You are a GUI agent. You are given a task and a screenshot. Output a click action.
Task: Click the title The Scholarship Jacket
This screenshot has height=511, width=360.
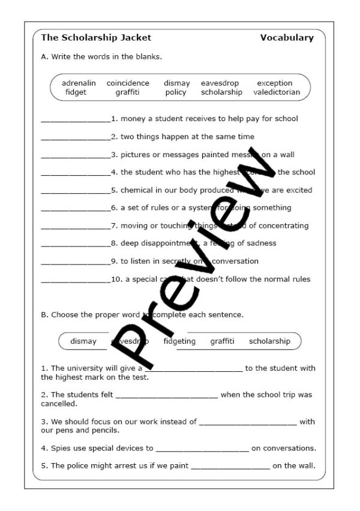click(96, 38)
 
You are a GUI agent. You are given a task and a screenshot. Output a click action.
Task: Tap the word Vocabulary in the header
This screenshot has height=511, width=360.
click(287, 38)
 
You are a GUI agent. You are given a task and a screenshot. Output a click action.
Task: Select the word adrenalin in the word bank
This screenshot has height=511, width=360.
click(79, 83)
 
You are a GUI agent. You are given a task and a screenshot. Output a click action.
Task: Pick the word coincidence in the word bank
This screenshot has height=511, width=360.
click(128, 83)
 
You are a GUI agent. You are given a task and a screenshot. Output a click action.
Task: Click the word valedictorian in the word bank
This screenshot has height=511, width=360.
click(277, 92)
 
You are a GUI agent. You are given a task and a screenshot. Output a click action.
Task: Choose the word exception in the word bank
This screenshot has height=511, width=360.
click(274, 83)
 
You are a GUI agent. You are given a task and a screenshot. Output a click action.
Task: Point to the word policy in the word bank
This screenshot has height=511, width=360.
click(176, 92)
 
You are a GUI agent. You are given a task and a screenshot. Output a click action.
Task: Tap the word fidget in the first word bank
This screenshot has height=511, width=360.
click(76, 92)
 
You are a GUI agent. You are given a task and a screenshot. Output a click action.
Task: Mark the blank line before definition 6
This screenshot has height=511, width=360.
click(76, 209)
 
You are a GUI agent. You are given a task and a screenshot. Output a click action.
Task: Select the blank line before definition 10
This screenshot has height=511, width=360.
click(76, 281)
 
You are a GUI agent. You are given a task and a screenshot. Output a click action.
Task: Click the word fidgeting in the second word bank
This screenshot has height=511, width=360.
click(179, 341)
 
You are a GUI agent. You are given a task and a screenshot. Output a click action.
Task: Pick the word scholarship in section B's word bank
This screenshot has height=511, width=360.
click(269, 341)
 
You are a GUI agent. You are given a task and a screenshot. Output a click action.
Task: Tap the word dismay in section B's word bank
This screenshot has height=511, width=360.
click(83, 341)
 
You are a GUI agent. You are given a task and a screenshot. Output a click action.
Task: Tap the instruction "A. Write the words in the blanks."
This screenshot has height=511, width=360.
click(101, 57)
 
